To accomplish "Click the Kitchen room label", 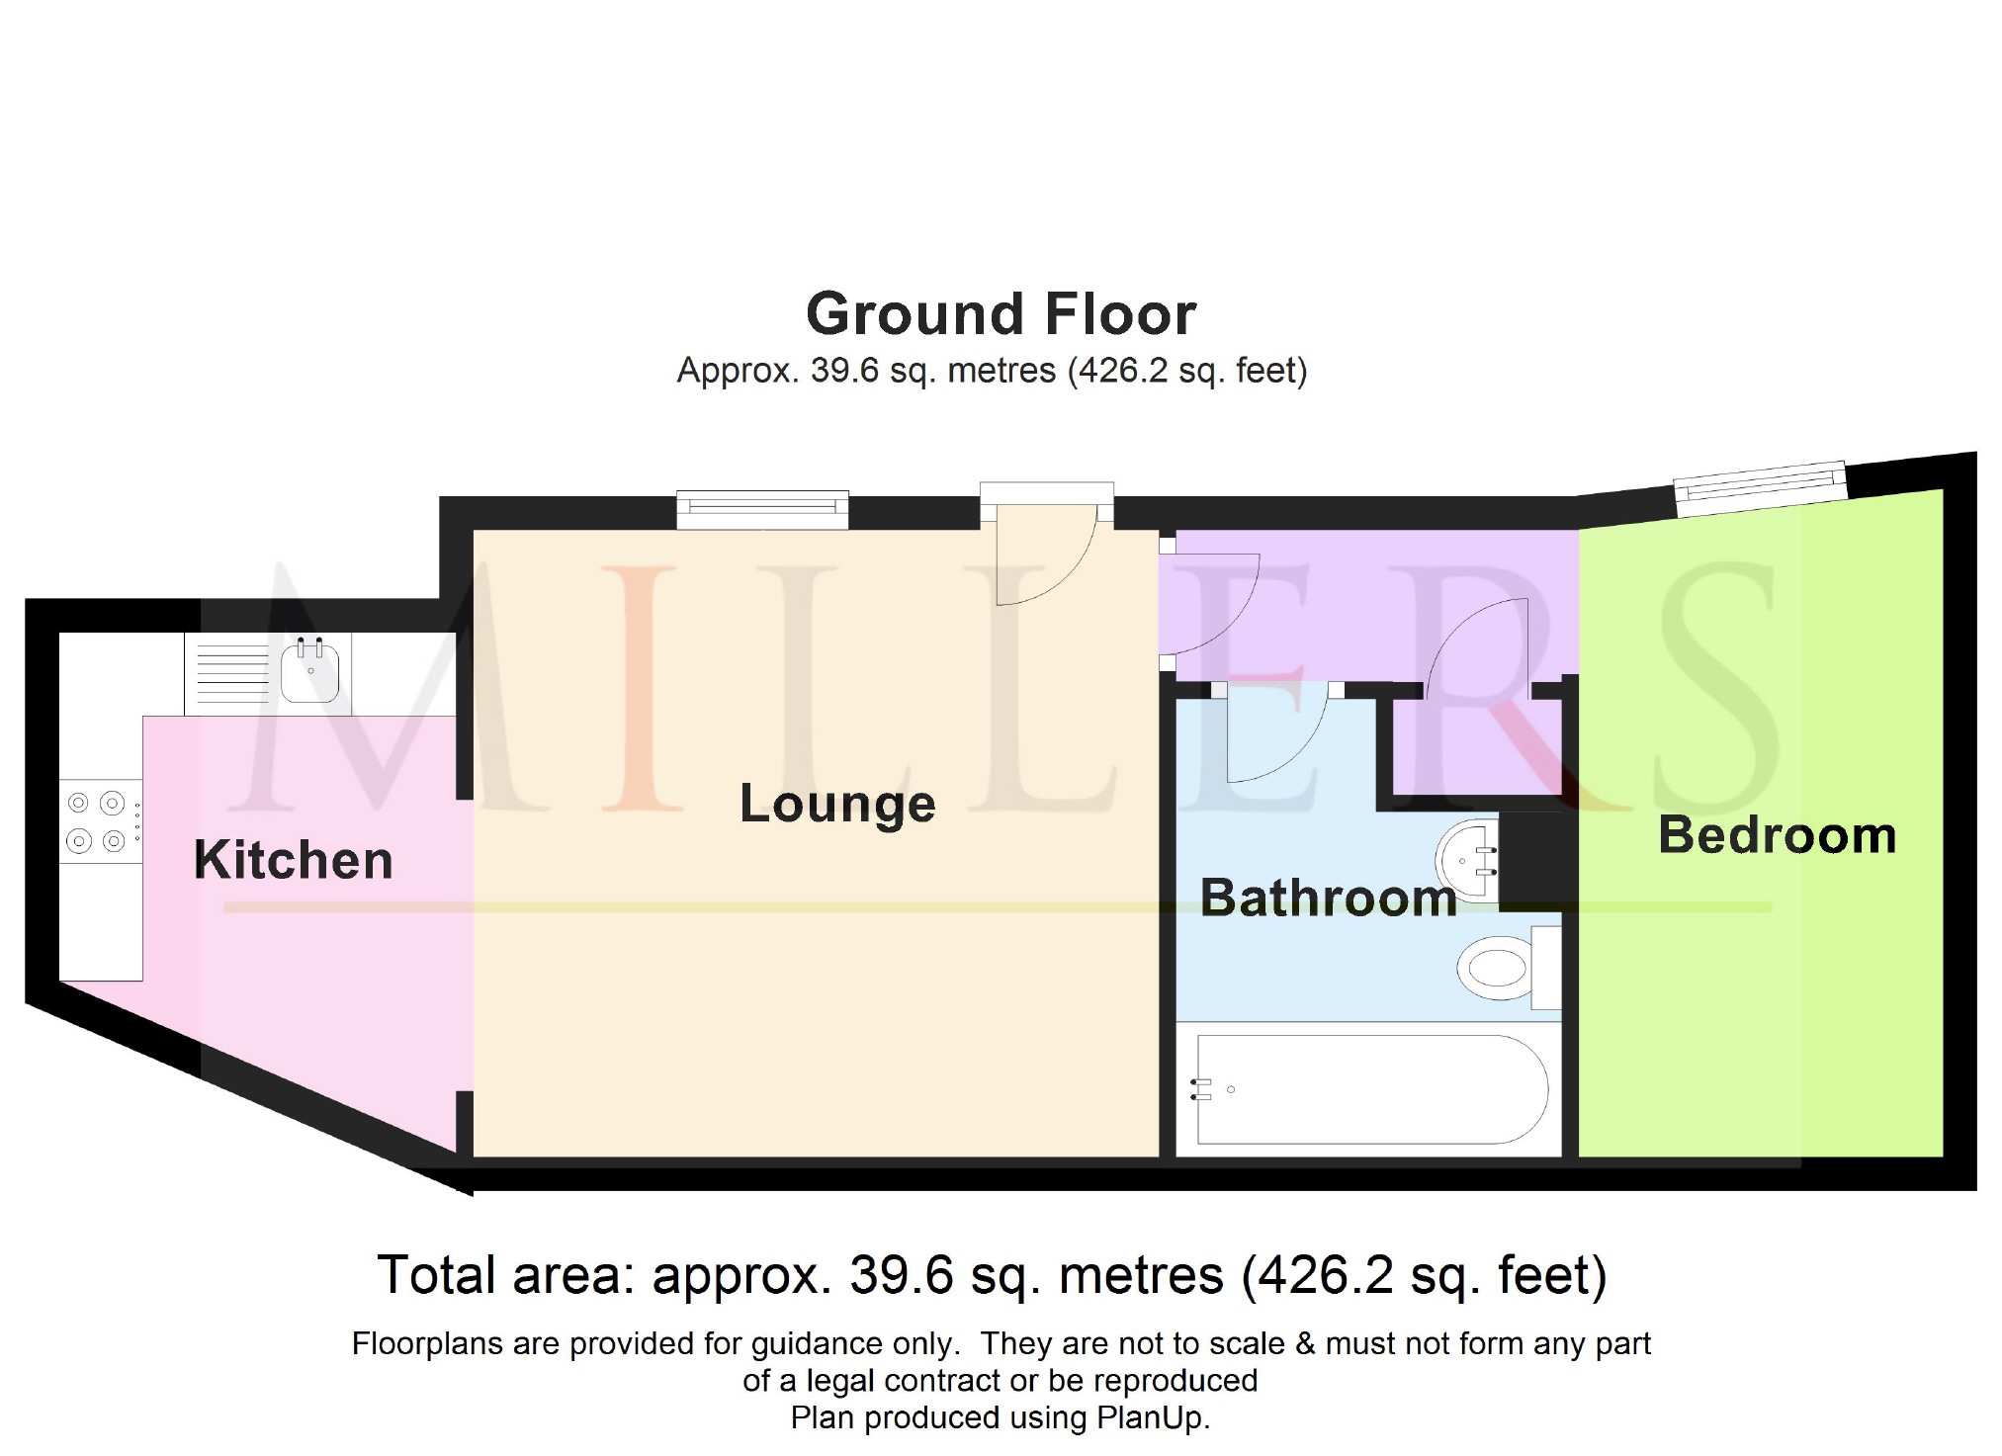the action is coord(294,860).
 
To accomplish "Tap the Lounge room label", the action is coord(837,805).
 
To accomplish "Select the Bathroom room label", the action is coord(1329,898).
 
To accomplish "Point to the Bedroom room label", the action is coord(1778,835).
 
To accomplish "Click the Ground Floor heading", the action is coord(1001,313).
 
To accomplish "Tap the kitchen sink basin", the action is coord(310,669).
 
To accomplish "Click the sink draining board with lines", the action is coord(232,673).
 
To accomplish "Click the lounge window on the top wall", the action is coord(762,509).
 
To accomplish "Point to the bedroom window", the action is coord(1760,488).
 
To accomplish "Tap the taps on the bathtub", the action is coord(1201,1089).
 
